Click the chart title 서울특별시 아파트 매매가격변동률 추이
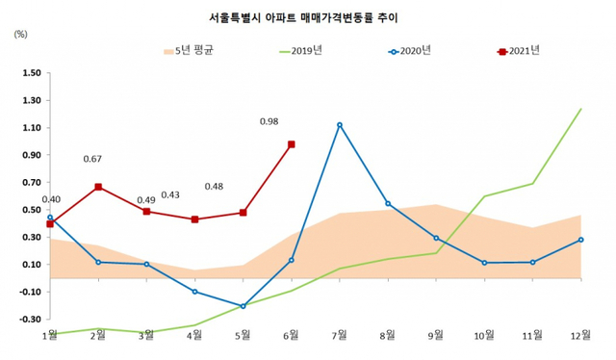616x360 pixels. tap(308, 17)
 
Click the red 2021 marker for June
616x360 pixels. tap(292, 144)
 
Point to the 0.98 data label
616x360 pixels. tap(269, 121)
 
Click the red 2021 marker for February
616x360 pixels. tap(98, 187)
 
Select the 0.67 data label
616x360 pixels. tap(93, 159)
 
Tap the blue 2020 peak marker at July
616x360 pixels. tap(340, 125)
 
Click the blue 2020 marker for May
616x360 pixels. tap(244, 306)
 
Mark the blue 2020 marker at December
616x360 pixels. tap(580, 240)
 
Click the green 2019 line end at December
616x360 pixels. tap(580, 109)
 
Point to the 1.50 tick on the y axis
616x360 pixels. tap(30, 73)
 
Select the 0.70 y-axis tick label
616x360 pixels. tap(30, 183)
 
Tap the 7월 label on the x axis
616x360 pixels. tap(341, 336)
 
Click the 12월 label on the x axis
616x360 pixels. tap(579, 336)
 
